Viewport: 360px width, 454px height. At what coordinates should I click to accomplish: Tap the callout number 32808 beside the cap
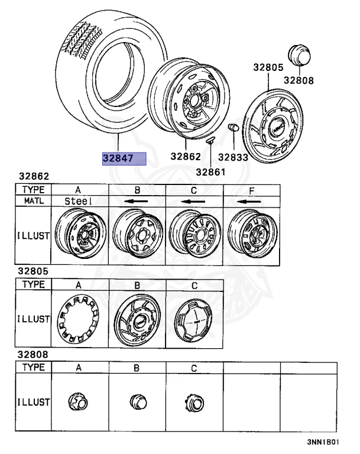(298, 80)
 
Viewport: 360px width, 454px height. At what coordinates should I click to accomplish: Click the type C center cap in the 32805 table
(195, 319)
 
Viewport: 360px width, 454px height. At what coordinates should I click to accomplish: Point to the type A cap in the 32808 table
(79, 403)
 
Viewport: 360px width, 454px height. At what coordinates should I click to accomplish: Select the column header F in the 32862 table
(252, 190)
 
